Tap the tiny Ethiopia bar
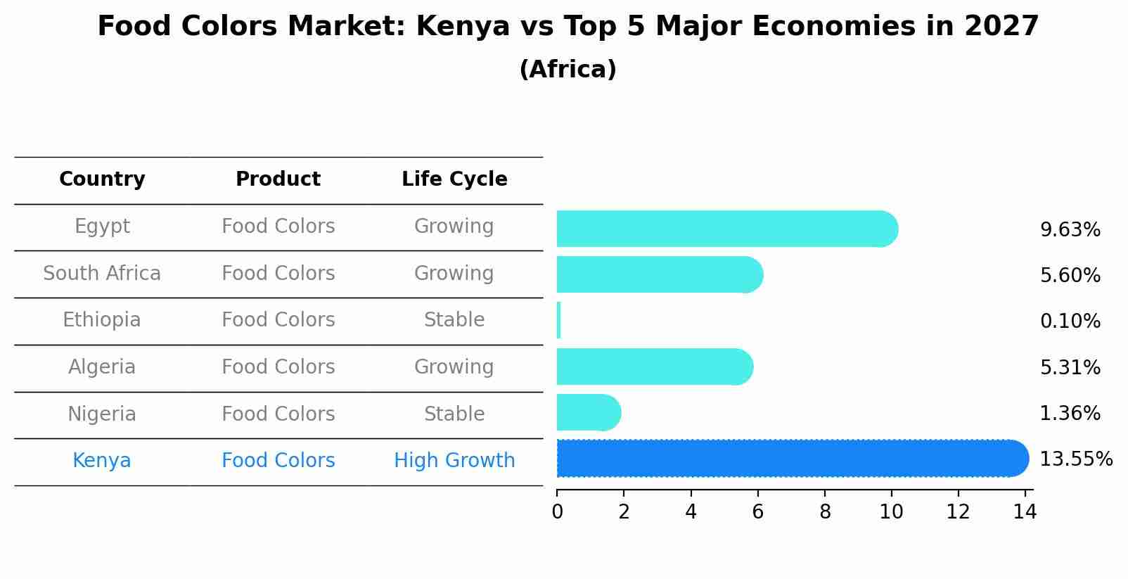pos(559,320)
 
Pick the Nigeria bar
pos(587,412)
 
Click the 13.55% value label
pos(1075,459)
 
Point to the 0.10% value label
pos(1070,322)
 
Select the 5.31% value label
pos(1070,367)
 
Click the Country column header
pos(102,179)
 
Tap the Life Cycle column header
pos(454,179)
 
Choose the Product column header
pos(278,179)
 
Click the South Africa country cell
pos(102,273)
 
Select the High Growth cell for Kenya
pos(454,461)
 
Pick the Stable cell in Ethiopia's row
pos(454,320)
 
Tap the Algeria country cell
pos(102,367)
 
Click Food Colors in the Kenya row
pos(278,461)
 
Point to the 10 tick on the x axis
pos(891,511)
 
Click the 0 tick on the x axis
pos(557,511)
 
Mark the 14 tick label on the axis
pos(1025,511)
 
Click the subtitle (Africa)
pos(568,70)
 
